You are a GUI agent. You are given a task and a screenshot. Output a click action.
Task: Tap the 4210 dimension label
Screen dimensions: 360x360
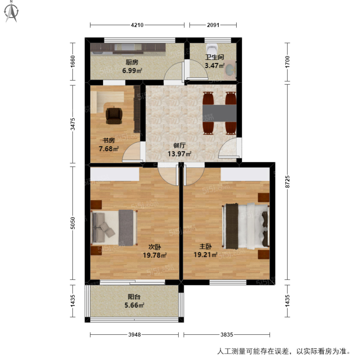coord(137,25)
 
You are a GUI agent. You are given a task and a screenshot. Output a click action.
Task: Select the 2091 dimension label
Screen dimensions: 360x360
coord(213,25)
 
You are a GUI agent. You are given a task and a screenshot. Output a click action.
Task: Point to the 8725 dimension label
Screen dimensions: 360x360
coord(287,182)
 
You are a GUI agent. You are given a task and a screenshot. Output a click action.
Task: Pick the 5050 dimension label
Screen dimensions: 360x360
coord(73,223)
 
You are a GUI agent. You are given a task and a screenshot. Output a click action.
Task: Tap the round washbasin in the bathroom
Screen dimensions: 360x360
coord(229,69)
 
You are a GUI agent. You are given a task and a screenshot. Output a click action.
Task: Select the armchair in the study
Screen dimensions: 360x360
coord(114,115)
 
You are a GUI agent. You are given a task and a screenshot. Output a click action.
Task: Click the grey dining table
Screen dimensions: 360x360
coord(220,113)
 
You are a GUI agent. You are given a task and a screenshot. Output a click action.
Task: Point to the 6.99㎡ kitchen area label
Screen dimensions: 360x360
coord(132,71)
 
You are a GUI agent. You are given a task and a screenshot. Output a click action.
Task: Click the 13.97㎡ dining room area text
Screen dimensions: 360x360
coord(179,154)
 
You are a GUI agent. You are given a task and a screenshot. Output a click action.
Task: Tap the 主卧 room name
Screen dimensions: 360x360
coord(205,247)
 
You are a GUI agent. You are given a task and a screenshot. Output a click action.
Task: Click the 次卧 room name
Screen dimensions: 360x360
coord(155,247)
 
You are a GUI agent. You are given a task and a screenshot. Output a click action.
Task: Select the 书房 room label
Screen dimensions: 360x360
coord(109,140)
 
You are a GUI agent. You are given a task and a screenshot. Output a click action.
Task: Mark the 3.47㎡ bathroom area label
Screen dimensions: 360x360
coord(214,66)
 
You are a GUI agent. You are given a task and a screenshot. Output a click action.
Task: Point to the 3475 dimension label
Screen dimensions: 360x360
coord(73,124)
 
